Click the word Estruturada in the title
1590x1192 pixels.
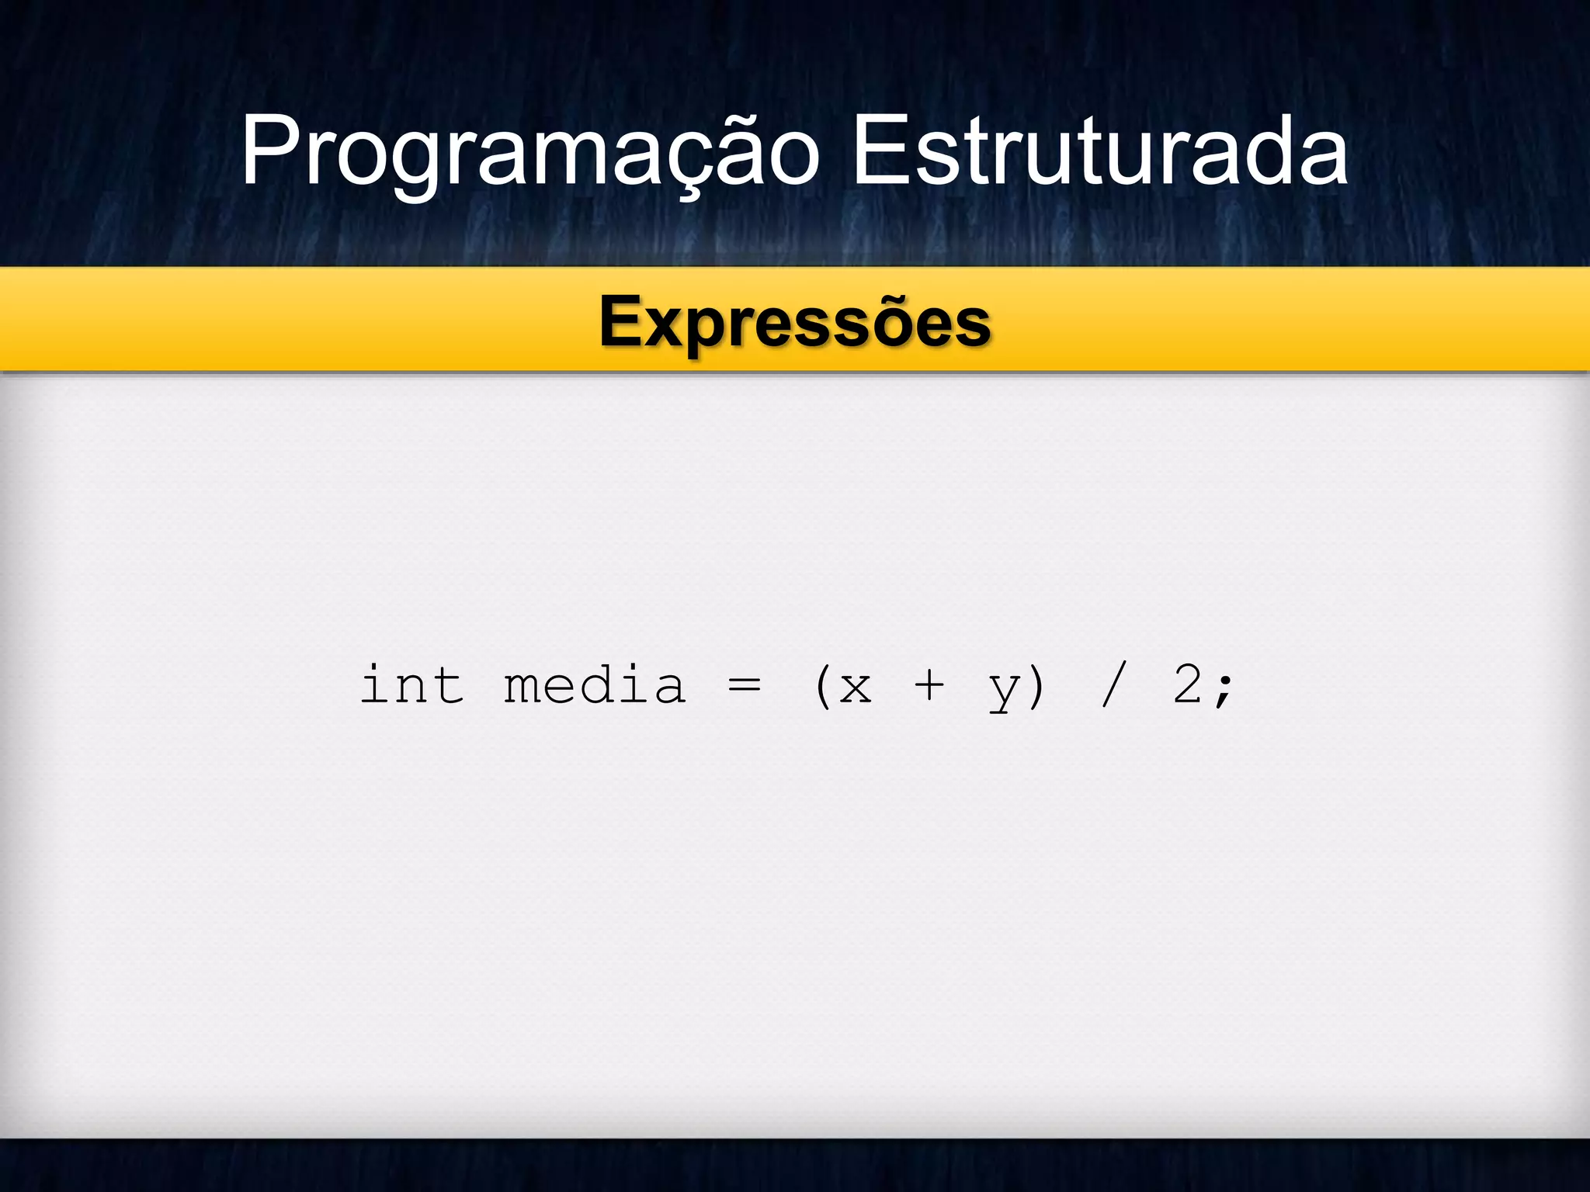pos(1100,151)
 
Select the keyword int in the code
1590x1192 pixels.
pos(412,686)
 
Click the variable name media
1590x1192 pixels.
pos(595,686)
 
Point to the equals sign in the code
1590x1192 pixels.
pos(745,686)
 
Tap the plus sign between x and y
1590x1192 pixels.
pos(929,686)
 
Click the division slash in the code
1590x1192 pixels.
pos(1113,686)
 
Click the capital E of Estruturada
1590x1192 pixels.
pos(881,151)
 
